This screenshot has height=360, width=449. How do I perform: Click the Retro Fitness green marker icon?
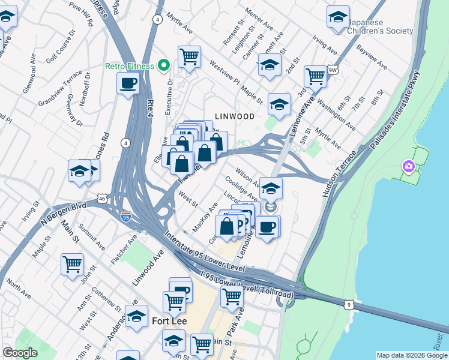[163, 65]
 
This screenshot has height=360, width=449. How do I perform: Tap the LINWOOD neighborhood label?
[235, 116]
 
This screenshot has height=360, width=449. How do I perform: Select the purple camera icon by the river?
[408, 166]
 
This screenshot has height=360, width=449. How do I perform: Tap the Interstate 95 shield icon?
[126, 215]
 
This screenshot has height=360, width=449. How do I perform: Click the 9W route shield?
[332, 70]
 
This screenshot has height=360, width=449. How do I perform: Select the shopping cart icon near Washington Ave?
[315, 76]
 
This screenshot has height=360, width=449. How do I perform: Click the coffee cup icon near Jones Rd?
[128, 83]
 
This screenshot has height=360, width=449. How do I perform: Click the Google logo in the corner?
[20, 353]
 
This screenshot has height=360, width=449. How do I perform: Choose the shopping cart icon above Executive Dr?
[190, 57]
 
